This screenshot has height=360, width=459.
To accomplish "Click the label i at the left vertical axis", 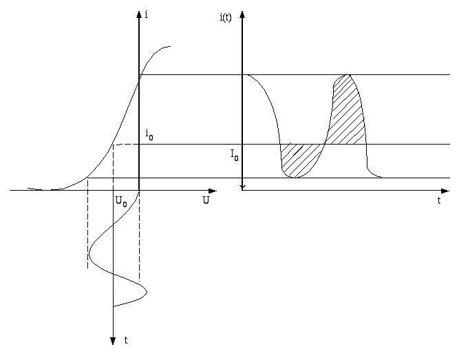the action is pyautogui.click(x=147, y=14).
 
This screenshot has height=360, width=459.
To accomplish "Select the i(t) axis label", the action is pyautogui.click(x=226, y=18).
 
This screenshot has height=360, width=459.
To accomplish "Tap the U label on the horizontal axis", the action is pyautogui.click(x=206, y=200).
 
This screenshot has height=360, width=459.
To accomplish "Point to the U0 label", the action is pyautogui.click(x=121, y=202).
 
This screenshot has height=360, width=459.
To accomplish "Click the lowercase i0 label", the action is pyautogui.click(x=149, y=135).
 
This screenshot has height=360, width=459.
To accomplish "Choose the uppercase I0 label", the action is pyautogui.click(x=235, y=155).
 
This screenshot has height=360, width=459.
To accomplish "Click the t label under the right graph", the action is pyautogui.click(x=439, y=200).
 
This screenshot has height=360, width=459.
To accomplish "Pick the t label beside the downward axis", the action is pyautogui.click(x=126, y=340).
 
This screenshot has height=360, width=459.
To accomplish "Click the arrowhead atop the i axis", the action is pyautogui.click(x=139, y=14).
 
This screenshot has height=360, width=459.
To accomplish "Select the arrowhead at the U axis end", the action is pyautogui.click(x=213, y=191).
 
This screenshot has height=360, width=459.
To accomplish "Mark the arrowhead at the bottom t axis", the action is pyautogui.click(x=113, y=341).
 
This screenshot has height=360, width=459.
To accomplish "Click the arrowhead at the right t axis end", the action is pyautogui.click(x=445, y=191).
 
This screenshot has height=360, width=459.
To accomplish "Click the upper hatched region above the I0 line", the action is pyautogui.click(x=347, y=114).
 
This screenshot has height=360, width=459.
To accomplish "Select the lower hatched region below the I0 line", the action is pyautogui.click(x=299, y=160).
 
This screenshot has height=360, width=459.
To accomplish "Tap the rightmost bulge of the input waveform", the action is pyautogui.click(x=147, y=292).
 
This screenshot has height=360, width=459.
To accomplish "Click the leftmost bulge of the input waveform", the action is pyautogui.click(x=89, y=254).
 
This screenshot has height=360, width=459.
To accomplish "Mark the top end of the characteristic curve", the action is pyautogui.click(x=170, y=46).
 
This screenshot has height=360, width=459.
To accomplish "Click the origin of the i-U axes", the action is pyautogui.click(x=139, y=191).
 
